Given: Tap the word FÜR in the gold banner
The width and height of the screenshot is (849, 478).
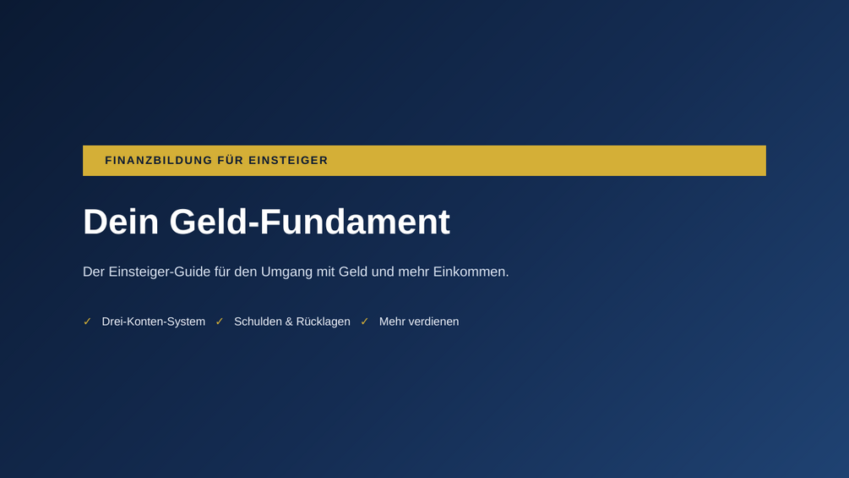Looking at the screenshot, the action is tap(231, 161).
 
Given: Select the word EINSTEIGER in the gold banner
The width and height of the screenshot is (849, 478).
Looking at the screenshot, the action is tap(288, 161).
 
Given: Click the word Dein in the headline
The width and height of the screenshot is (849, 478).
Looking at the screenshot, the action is tap(121, 222).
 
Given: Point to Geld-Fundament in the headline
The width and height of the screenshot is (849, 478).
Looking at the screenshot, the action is tap(310, 222).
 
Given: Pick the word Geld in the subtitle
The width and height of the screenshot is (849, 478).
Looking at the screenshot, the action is tap(353, 272).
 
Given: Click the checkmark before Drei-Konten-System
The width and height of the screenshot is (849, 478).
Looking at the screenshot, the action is tap(87, 321).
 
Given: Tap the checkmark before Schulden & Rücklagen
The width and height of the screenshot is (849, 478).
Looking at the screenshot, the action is tap(220, 321).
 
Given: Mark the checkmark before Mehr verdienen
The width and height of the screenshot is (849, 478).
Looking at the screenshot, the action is tap(364, 321).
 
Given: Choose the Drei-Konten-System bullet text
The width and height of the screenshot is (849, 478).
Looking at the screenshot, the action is tap(153, 321).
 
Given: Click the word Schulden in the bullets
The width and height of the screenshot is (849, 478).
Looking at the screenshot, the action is tap(257, 321).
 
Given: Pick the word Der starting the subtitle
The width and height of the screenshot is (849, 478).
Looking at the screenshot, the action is tap(94, 272).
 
